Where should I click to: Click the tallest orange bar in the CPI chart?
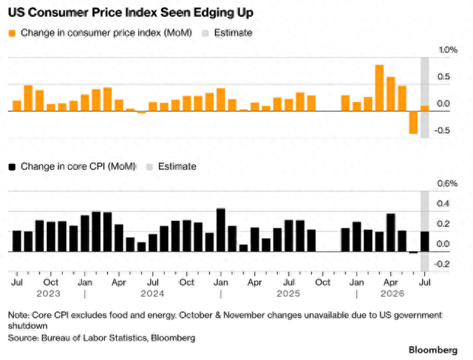(379, 88)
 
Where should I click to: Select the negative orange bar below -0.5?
(413, 122)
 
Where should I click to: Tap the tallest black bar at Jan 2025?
(221, 230)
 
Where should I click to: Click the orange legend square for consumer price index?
(12, 33)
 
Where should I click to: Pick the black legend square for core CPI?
(12, 167)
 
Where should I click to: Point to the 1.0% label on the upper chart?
(448, 50)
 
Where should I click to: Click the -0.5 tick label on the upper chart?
(442, 131)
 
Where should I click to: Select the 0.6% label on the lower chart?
(447, 183)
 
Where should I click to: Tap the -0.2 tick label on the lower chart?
(442, 265)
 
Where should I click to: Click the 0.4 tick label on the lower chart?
(443, 204)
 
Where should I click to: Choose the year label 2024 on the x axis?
(152, 293)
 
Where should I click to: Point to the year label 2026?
(392, 293)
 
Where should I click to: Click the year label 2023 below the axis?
(48, 293)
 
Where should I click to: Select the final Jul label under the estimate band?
(425, 282)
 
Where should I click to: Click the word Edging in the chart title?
(213, 13)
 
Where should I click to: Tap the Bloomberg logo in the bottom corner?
(433, 350)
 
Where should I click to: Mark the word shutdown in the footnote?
(28, 326)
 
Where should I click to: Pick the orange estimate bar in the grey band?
(425, 109)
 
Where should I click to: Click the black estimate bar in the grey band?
(425, 242)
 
